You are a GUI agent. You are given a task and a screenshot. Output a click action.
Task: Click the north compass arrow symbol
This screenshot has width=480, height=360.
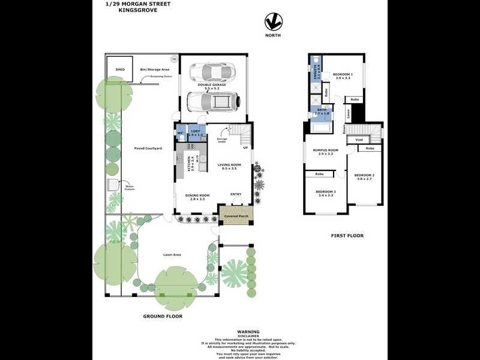274,22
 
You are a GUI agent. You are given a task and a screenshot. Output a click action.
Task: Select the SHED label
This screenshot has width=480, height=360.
120,70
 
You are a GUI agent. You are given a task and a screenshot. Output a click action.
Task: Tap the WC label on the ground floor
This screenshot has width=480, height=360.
179,133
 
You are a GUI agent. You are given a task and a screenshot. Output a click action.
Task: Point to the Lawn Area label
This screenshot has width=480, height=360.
172,254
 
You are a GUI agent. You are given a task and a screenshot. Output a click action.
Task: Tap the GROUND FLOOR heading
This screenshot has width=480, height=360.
163,316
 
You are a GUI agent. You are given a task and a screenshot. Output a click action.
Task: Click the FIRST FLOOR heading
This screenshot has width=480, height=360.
347,236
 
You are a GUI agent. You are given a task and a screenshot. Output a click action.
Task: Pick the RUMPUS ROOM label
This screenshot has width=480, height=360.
328,151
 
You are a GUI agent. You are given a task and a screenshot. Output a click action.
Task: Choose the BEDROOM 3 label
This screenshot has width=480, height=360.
327,193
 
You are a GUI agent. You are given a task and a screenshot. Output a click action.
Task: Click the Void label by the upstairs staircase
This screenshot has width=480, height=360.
359,140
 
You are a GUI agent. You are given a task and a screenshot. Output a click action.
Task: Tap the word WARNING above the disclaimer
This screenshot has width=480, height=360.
248,331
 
